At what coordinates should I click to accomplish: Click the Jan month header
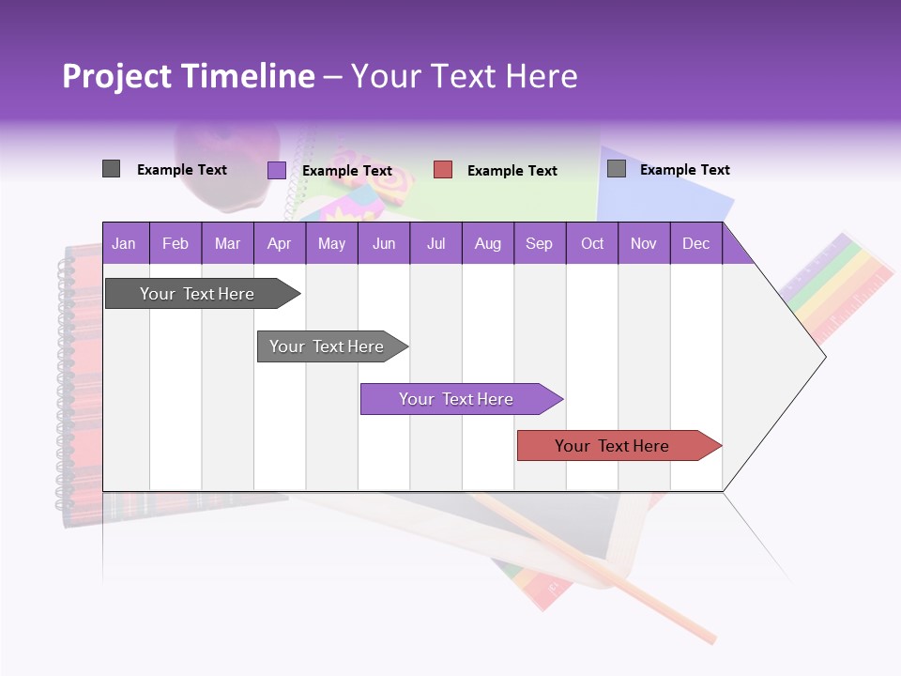pyautogui.click(x=124, y=243)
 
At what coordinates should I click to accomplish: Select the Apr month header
pyautogui.click(x=279, y=243)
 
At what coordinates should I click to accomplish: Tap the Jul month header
pyautogui.click(x=435, y=243)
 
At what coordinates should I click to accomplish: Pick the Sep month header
pyautogui.click(x=539, y=243)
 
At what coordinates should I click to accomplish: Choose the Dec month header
pyautogui.click(x=695, y=243)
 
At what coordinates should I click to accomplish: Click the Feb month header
pyautogui.click(x=176, y=243)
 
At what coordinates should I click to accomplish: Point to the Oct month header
pyautogui.click(x=592, y=243)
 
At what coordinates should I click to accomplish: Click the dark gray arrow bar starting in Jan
pyautogui.click(x=197, y=294)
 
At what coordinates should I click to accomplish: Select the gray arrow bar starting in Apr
pyautogui.click(x=327, y=346)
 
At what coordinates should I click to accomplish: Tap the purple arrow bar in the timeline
pyautogui.click(x=456, y=399)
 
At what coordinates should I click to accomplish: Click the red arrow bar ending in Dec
pyautogui.click(x=612, y=446)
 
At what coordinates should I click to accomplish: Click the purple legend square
pyautogui.click(x=277, y=170)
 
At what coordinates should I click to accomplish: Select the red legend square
pyautogui.click(x=443, y=170)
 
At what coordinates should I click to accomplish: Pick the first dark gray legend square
pyautogui.click(x=112, y=169)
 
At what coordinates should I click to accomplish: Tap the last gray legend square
pyautogui.click(x=617, y=169)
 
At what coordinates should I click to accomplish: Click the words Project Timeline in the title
pyautogui.click(x=188, y=76)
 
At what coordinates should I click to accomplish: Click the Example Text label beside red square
pyautogui.click(x=512, y=171)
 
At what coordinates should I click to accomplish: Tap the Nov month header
pyautogui.click(x=644, y=243)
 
